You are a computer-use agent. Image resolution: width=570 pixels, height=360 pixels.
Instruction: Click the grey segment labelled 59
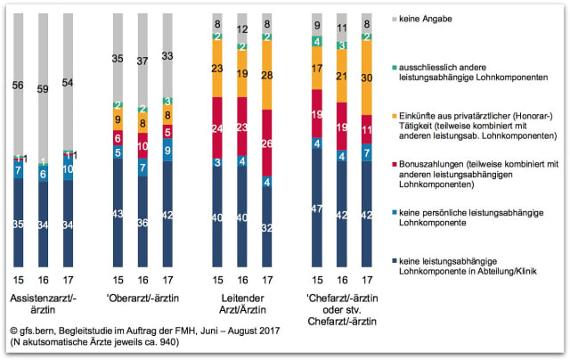pyautogui.click(x=45, y=89)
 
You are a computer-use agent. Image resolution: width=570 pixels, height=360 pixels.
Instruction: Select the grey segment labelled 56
pyautogui.click(x=19, y=87)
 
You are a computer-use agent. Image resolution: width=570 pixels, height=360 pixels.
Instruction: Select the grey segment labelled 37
pyautogui.click(x=143, y=61)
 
